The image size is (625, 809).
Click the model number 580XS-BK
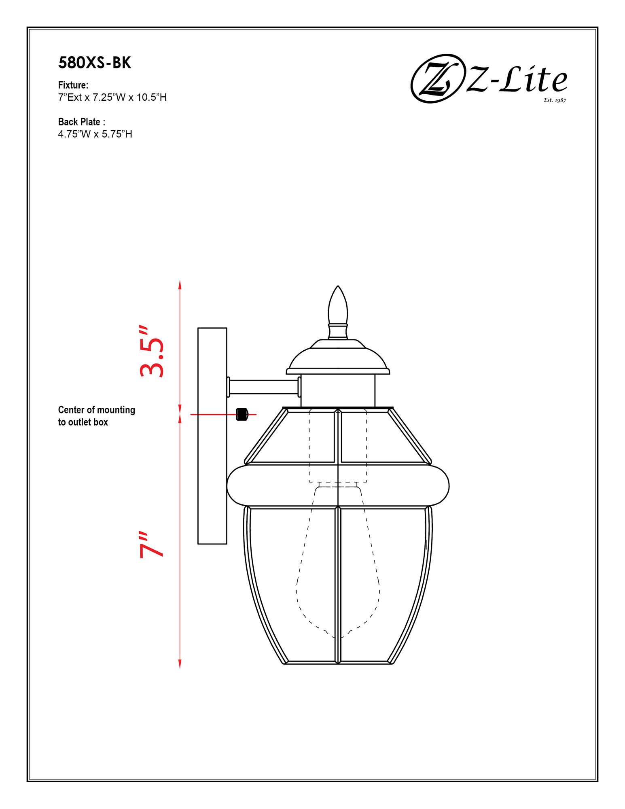tap(95, 63)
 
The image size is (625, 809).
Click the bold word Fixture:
tap(73, 85)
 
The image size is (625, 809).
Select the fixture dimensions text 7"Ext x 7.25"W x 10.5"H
tap(112, 97)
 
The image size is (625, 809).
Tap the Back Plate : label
tap(81, 122)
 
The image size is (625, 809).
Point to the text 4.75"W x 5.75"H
tap(95, 134)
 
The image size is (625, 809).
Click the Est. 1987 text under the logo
tap(554, 100)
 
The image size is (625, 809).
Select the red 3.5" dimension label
tap(152, 351)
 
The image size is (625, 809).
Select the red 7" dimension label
tap(152, 544)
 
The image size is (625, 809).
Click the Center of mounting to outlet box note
tap(96, 415)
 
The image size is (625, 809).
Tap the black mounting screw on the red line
tap(242, 414)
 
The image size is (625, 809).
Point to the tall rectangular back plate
tap(212, 436)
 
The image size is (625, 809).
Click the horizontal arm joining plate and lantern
tap(264, 387)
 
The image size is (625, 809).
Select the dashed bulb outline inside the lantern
tap(338, 566)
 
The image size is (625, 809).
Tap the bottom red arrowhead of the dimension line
tap(180, 664)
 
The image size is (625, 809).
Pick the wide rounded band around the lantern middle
tap(338, 485)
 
